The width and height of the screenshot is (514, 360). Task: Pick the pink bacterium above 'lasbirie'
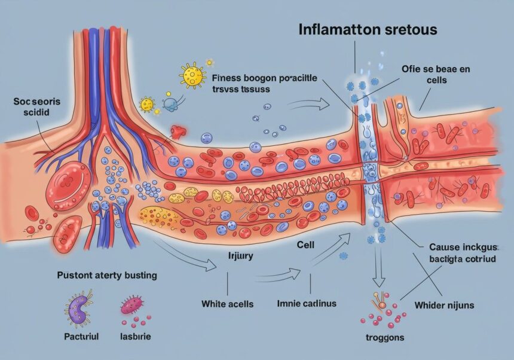click(x=133, y=307)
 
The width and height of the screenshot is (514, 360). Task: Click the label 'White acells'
click(x=227, y=304)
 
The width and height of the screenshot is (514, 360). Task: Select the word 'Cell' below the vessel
click(x=306, y=245)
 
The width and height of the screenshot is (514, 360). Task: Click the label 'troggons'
click(x=384, y=338)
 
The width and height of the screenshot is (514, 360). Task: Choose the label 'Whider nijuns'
click(x=444, y=305)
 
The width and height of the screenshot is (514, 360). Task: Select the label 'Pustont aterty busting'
click(x=107, y=276)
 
